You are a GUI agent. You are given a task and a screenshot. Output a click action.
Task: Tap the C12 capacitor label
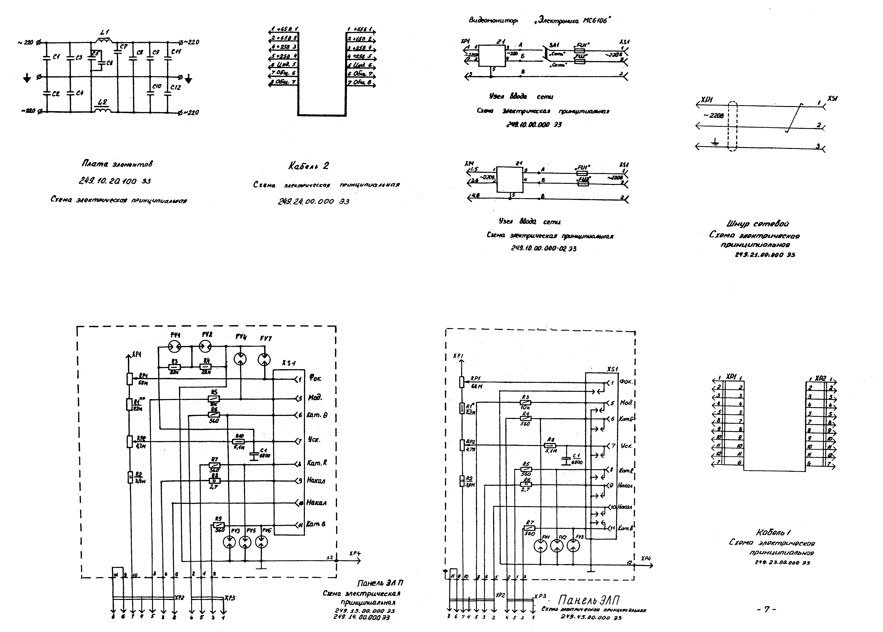(x=175, y=88)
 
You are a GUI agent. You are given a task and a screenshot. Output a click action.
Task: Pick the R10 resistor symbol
(x=238, y=441)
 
